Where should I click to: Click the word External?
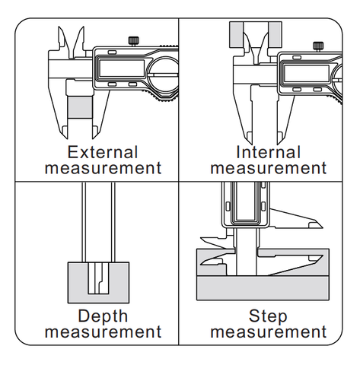click(103, 152)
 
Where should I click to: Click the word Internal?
click(268, 152)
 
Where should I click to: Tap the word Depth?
click(103, 316)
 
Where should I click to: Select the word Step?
click(268, 316)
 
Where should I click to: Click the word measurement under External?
click(103, 168)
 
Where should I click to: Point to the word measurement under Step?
click(269, 332)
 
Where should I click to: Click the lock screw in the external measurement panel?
click(134, 41)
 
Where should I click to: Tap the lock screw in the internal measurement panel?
click(318, 46)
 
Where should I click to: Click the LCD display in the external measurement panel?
click(121, 68)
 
